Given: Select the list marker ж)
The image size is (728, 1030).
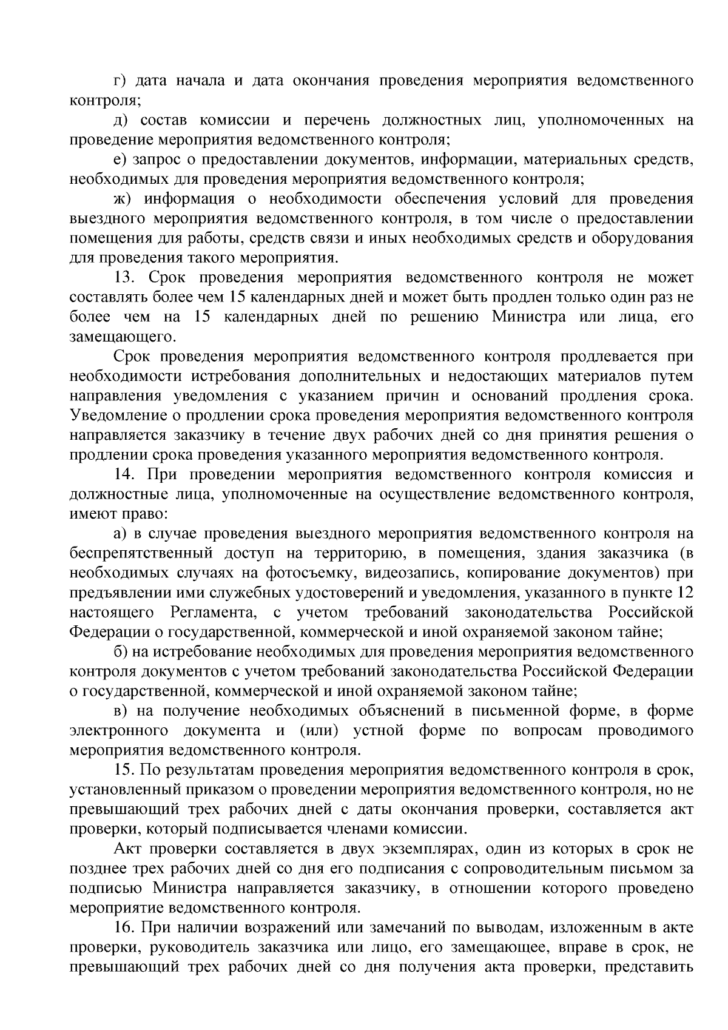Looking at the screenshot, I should coord(123,199).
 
